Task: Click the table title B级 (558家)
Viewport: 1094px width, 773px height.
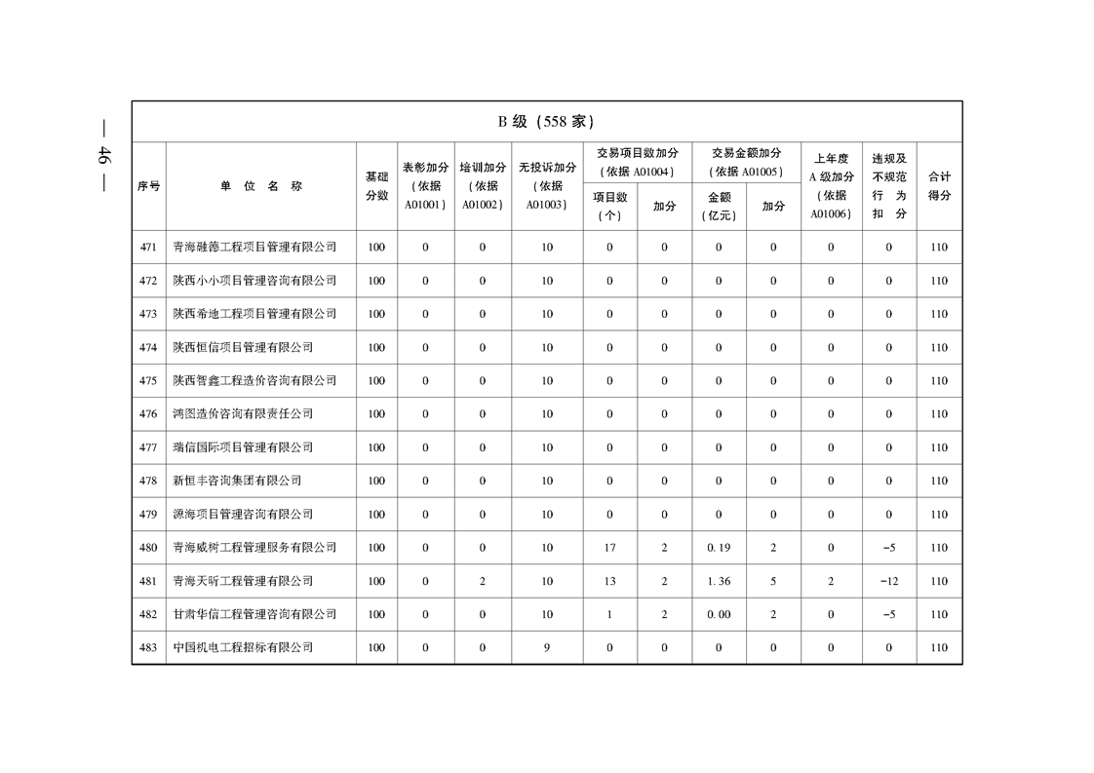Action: [x=546, y=122]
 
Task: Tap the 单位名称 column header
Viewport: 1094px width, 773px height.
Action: [x=260, y=186]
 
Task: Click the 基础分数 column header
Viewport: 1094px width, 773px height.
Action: [x=376, y=186]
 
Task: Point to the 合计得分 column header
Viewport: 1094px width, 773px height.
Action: [x=939, y=186]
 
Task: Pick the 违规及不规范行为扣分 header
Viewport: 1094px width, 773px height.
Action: [x=888, y=186]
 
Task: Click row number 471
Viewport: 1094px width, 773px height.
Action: [x=148, y=248]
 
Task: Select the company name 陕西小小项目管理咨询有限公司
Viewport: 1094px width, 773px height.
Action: [x=254, y=281]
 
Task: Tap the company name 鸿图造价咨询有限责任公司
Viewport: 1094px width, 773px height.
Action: [x=243, y=414]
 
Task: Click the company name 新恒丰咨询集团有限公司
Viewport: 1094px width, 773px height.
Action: [x=237, y=481]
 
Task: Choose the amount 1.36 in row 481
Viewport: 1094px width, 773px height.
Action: [x=719, y=581]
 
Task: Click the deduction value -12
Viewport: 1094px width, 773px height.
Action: [x=888, y=581]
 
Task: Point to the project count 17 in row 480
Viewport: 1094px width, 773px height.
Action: [x=609, y=548]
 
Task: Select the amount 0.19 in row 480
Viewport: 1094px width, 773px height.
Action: [x=719, y=548]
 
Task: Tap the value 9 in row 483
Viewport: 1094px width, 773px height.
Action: [x=547, y=648]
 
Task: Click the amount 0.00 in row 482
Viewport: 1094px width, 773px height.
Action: [x=719, y=615]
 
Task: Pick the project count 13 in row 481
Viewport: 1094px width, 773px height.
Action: [x=609, y=581]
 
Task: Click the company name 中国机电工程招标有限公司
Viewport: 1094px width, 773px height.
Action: [x=243, y=648]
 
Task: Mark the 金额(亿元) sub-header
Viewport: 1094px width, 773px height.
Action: [x=719, y=206]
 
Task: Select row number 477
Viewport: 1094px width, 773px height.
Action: [x=148, y=447]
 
